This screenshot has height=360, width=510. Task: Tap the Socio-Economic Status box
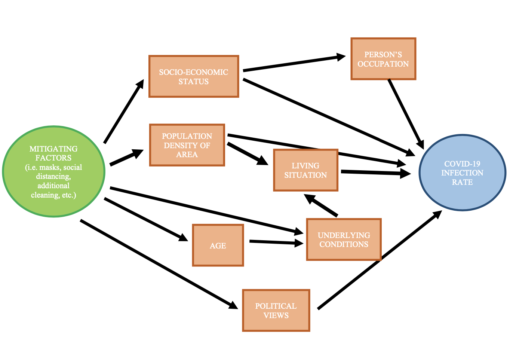[194, 77]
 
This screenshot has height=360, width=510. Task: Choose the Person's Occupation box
[383, 59]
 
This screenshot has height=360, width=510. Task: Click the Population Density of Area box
[187, 145]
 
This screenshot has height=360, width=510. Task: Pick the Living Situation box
[305, 170]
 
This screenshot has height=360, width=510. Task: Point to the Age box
[218, 245]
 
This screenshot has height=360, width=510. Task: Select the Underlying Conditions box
[344, 240]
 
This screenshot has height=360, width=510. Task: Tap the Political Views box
[276, 311]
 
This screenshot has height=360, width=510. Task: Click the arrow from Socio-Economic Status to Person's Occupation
[294, 63]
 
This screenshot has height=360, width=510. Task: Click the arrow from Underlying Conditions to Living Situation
[322, 205]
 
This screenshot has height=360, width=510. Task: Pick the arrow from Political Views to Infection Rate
[380, 260]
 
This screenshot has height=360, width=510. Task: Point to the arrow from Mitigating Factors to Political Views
[159, 264]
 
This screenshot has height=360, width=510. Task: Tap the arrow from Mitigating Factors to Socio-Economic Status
[123, 112]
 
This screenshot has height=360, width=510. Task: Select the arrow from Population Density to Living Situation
[247, 153]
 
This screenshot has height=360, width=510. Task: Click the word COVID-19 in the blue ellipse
[462, 164]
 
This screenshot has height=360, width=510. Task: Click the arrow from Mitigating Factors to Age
[146, 219]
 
